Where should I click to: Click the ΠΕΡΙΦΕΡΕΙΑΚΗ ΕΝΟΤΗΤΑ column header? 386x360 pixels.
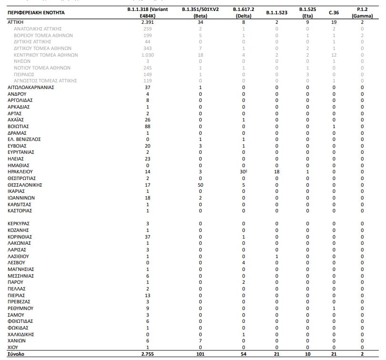(x=36, y=12)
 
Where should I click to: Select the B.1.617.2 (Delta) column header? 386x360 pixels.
(x=243, y=12)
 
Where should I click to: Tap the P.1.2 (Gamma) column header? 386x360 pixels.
(x=362, y=12)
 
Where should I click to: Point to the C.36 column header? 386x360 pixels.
(x=334, y=12)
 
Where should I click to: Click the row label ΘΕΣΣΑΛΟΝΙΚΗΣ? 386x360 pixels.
(x=26, y=184)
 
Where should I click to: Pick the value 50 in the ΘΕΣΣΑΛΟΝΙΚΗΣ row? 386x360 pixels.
(x=200, y=184)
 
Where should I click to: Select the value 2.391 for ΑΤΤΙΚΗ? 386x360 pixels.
(x=147, y=22)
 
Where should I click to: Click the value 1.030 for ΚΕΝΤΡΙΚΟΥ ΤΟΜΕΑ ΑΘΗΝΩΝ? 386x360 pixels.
(x=147, y=55)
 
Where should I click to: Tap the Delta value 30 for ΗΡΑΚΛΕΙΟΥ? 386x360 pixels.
(x=243, y=171)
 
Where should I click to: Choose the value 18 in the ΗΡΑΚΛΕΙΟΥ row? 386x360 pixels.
(x=276, y=171)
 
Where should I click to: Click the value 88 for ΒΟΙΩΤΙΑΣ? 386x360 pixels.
(x=147, y=126)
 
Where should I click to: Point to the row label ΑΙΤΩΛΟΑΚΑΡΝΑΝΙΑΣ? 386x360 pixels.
(x=31, y=87)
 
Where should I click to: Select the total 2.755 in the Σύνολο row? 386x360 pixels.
(x=147, y=354)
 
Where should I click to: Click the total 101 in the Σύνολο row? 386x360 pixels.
(x=200, y=354)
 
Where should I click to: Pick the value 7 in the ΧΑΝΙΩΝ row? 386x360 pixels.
(x=200, y=341)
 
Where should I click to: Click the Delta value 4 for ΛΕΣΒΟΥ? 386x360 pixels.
(x=243, y=262)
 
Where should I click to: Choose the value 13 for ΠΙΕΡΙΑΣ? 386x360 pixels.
(x=147, y=295)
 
